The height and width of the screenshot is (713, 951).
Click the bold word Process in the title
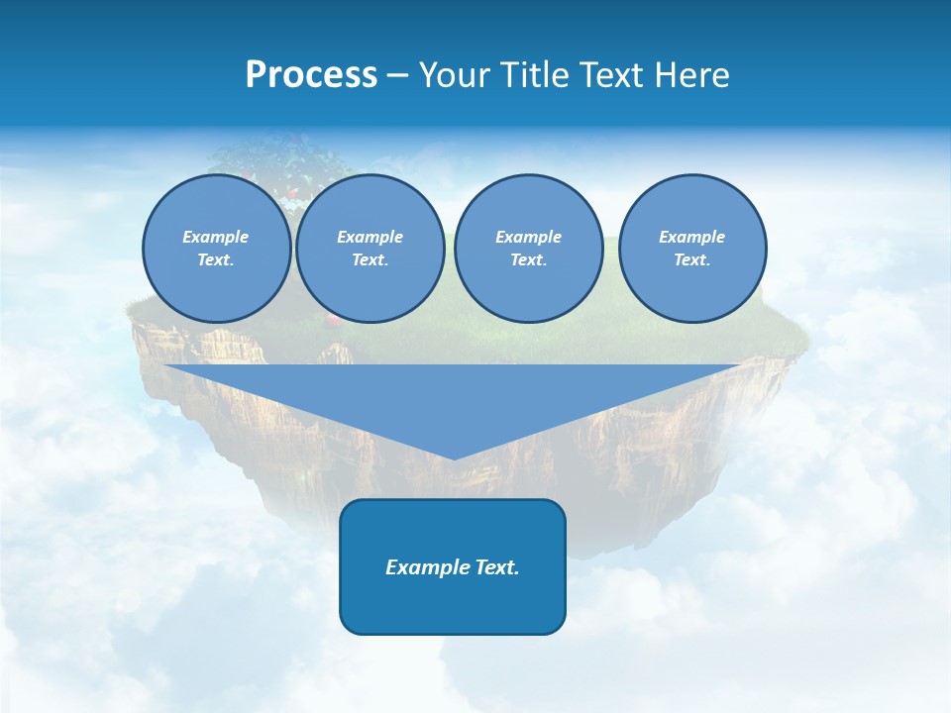coord(311,75)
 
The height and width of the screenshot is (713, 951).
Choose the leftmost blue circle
coord(216,249)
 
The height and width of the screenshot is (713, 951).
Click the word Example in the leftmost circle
coord(216,237)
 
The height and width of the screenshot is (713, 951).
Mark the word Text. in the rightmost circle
coord(692,260)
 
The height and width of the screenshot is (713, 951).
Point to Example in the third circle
coord(528,237)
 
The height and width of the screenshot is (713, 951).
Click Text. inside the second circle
coord(370,260)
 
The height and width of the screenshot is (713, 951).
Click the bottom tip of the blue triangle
coord(454,457)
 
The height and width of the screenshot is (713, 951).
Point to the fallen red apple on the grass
coord(334,321)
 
